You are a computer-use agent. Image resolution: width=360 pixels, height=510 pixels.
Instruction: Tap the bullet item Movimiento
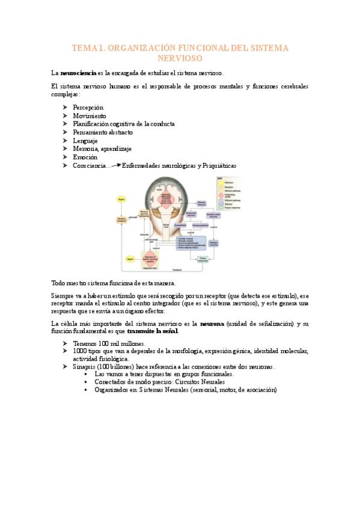point(90,115)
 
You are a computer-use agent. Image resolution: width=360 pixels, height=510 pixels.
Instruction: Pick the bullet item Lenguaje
point(85,140)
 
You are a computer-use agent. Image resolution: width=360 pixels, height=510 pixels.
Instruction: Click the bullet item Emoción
point(85,157)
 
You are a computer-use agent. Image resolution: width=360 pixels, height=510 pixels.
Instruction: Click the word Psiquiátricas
point(219,165)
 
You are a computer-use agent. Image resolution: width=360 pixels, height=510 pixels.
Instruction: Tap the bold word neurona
point(212,324)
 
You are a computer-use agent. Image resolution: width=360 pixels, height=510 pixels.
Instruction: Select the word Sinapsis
point(84,366)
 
